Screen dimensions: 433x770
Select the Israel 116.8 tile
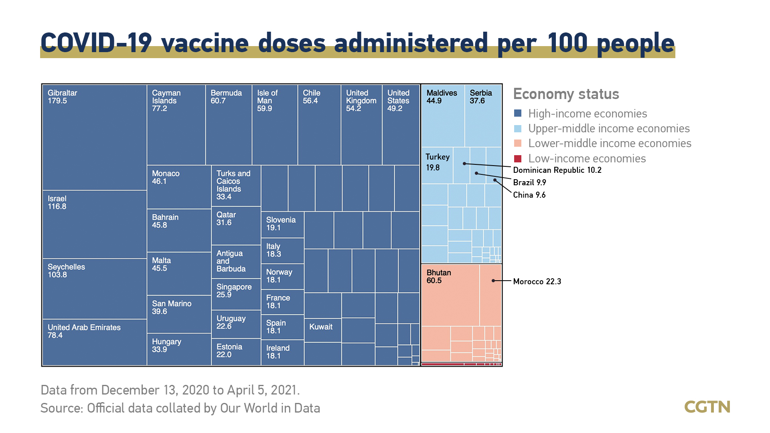click(95, 225)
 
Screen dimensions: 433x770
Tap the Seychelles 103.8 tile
click(95, 289)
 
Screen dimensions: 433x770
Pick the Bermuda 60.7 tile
click(229, 125)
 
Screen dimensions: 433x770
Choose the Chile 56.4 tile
click(319, 125)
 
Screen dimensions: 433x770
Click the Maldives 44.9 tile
click(443, 116)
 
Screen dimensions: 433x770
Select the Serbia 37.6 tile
click(483, 116)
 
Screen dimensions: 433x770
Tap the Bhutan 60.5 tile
click(450, 295)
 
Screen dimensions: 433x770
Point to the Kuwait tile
click(323, 330)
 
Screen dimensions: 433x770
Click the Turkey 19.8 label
click(437, 162)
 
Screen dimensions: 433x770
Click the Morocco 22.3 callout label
click(537, 281)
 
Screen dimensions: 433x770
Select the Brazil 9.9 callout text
click(529, 182)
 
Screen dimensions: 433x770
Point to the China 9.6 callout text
click(529, 195)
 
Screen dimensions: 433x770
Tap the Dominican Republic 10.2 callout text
click(557, 170)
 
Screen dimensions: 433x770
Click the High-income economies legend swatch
click(518, 113)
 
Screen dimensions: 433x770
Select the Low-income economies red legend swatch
click(518, 158)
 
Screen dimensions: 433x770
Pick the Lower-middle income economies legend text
click(610, 143)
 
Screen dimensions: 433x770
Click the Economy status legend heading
click(566, 94)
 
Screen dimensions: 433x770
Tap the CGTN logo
click(707, 407)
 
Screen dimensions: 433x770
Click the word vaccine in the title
click(205, 43)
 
